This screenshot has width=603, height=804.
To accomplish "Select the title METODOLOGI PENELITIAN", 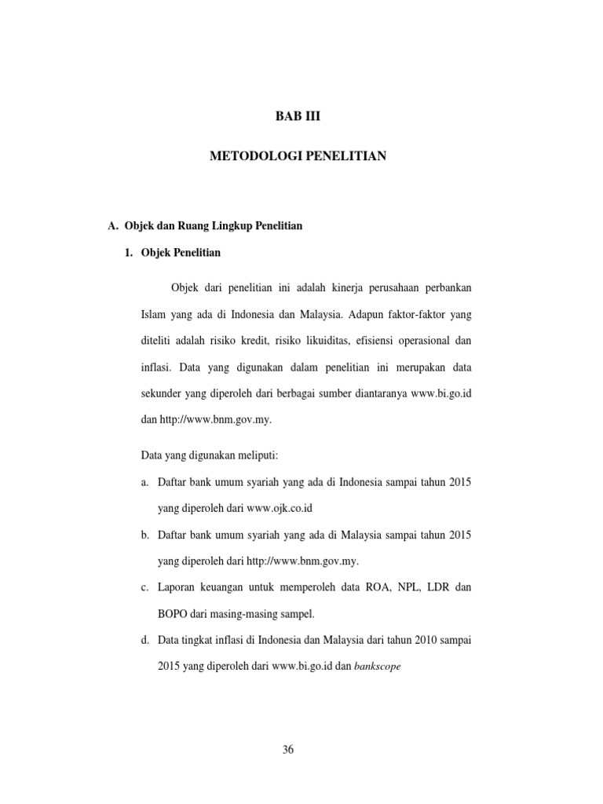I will point(298,157).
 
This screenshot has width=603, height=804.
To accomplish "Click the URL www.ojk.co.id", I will point(285,507).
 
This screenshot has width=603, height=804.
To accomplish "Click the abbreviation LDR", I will point(430,587).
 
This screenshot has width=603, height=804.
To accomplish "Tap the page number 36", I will point(288,750).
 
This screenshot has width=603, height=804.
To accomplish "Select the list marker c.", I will point(145,587).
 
